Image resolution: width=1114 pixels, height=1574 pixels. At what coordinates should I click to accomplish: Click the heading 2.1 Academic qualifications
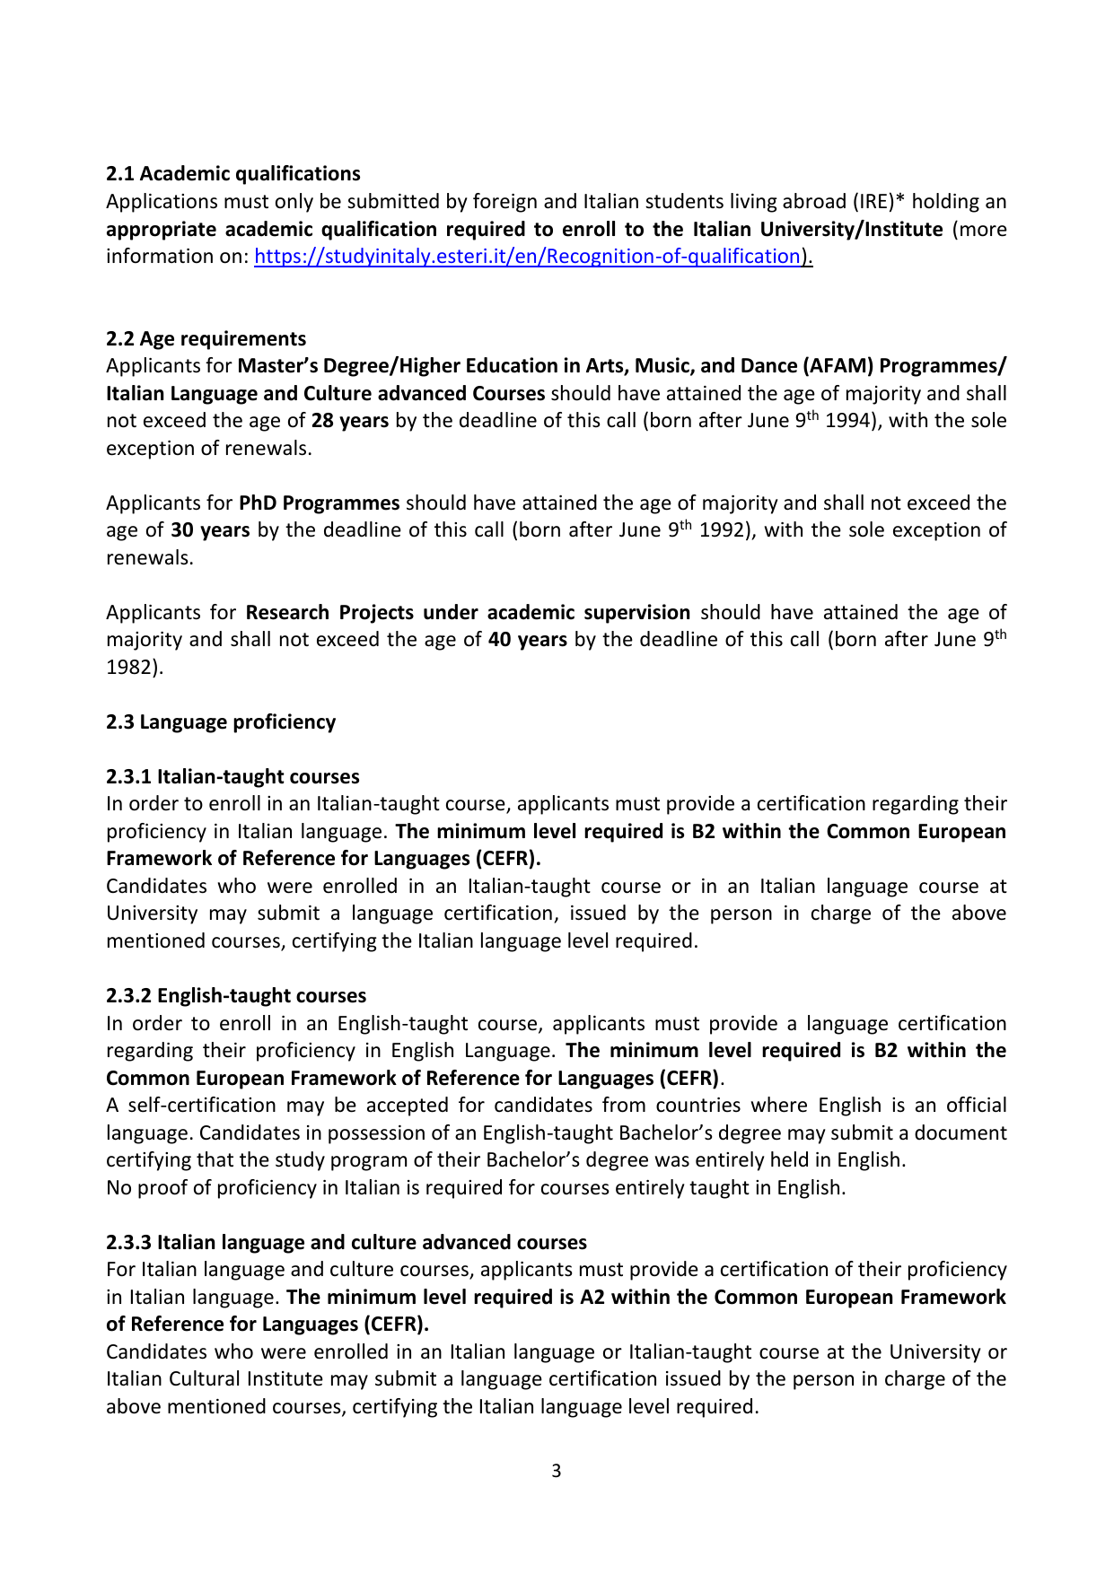click(233, 174)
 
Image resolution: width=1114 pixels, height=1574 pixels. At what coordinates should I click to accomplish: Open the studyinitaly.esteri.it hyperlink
click(528, 257)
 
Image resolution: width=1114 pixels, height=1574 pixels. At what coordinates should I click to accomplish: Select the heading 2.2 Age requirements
click(206, 339)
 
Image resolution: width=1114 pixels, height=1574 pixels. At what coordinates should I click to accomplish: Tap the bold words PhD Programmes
click(319, 503)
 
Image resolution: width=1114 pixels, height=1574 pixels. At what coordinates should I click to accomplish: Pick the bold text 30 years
click(210, 530)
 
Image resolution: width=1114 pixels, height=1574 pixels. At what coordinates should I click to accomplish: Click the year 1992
click(723, 530)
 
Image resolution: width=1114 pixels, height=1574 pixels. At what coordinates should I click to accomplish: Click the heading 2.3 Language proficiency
click(221, 722)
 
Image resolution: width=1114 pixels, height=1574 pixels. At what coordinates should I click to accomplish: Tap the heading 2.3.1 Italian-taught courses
click(232, 777)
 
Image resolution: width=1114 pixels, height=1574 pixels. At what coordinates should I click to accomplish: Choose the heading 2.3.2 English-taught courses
click(236, 996)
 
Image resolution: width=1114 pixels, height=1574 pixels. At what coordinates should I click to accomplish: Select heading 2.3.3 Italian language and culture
click(346, 1243)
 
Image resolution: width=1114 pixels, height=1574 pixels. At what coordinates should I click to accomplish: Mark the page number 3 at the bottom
click(557, 1471)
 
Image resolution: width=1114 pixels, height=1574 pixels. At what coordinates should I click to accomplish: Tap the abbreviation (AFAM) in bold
click(838, 366)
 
